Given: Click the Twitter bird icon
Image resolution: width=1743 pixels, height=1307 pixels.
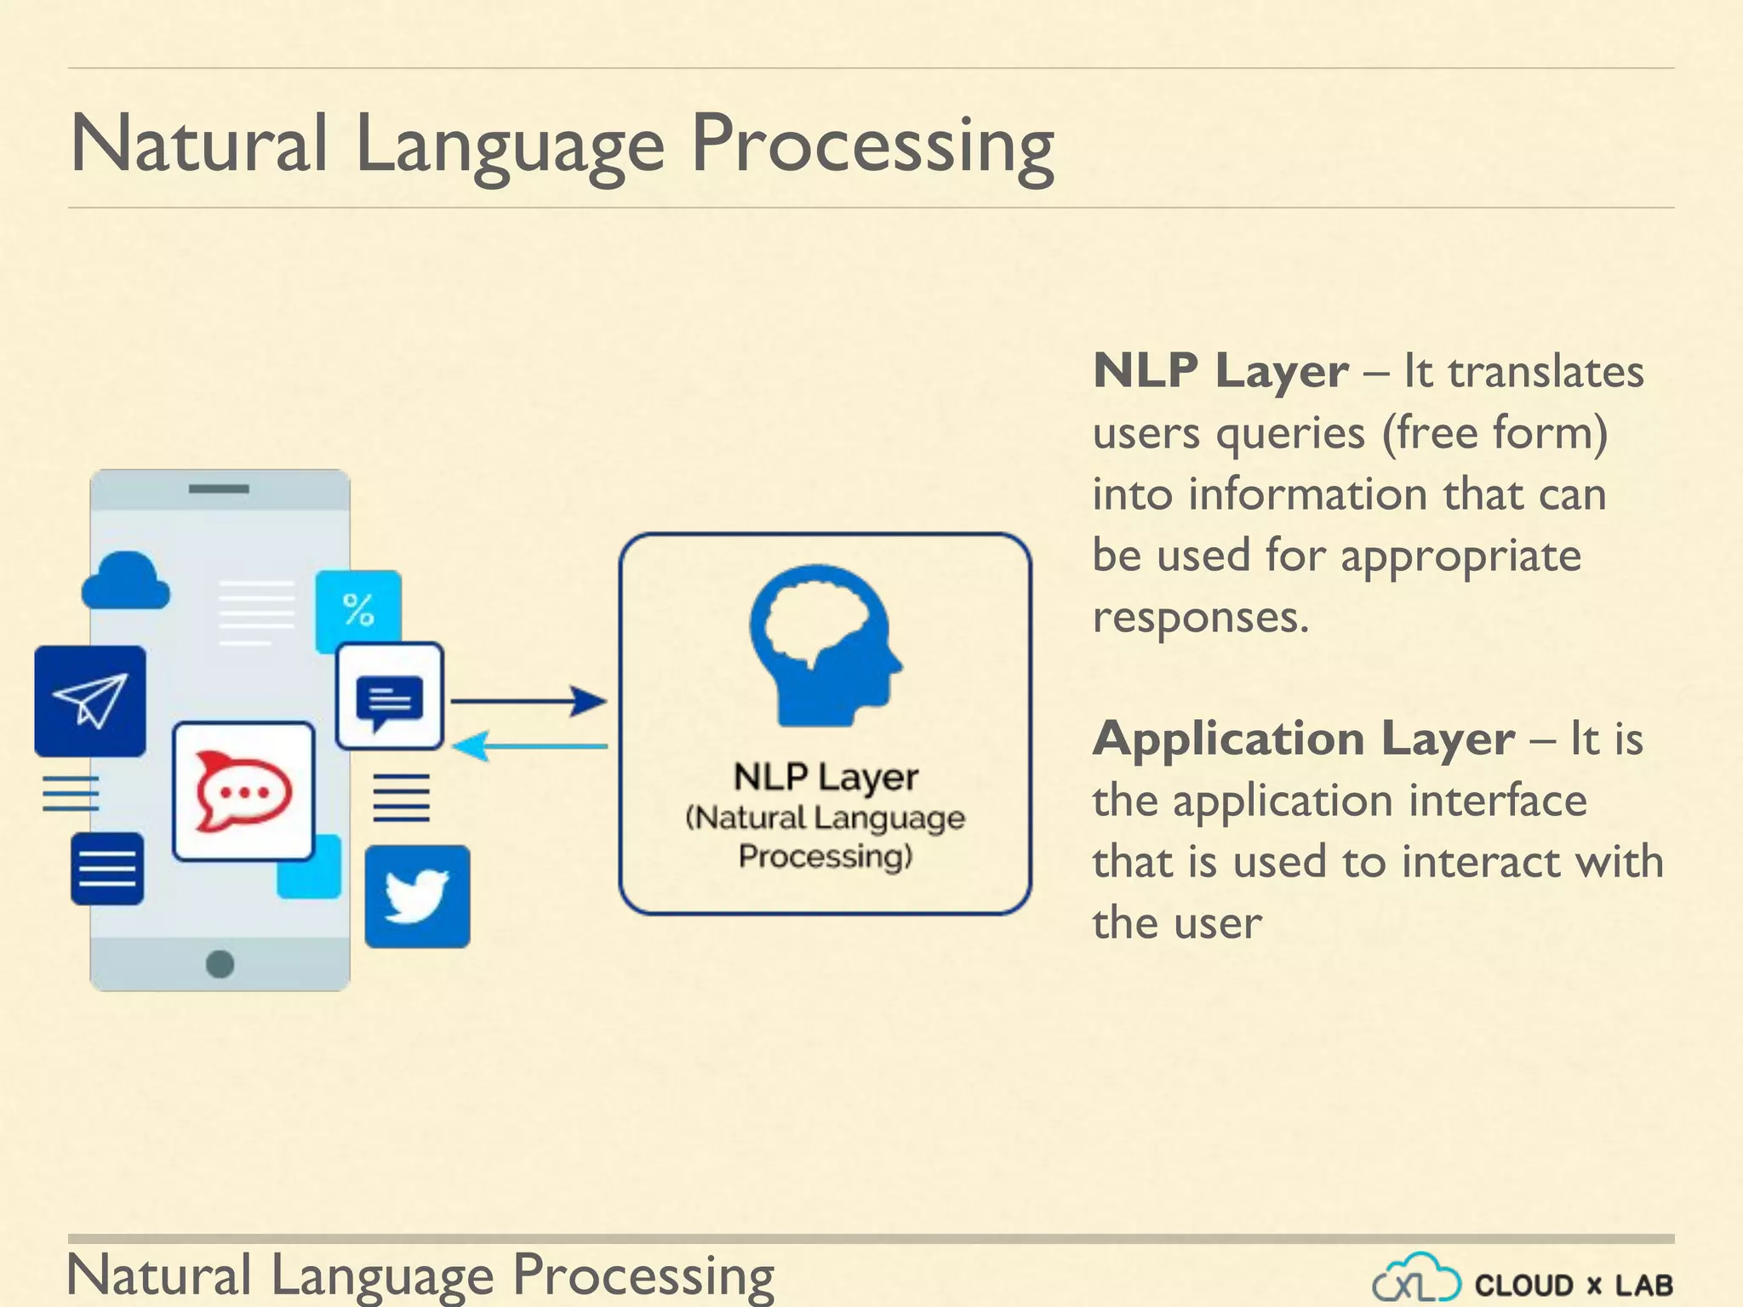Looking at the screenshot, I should pyautogui.click(x=416, y=896).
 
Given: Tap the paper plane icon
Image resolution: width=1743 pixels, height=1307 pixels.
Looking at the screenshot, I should pyautogui.click(x=90, y=701).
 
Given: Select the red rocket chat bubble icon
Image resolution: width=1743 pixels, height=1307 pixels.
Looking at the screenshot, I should pyautogui.click(x=243, y=791).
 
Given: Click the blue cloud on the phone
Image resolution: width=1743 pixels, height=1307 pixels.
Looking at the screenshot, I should pyautogui.click(x=125, y=582).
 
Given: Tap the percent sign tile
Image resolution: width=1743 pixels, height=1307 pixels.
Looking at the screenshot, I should pyautogui.click(x=358, y=610).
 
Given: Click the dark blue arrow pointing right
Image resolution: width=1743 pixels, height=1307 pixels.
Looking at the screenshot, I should pyautogui.click(x=528, y=701).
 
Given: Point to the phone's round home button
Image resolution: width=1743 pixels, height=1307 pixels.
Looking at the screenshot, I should pyautogui.click(x=220, y=964).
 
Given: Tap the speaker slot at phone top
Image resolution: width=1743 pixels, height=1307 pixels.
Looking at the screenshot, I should pyautogui.click(x=219, y=489).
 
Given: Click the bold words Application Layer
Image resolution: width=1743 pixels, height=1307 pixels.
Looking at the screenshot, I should pyautogui.click(x=1303, y=739).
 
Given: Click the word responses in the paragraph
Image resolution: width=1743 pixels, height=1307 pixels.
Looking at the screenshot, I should pyautogui.click(x=1200, y=617).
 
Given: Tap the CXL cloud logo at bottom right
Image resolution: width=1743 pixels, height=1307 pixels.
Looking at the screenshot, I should pyautogui.click(x=1416, y=1279).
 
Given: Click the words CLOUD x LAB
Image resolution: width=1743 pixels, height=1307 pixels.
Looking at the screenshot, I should pyautogui.click(x=1574, y=1285).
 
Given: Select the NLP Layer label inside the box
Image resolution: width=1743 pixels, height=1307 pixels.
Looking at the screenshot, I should pyautogui.click(x=826, y=777).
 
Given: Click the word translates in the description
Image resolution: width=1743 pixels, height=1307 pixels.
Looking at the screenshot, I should pyautogui.click(x=1546, y=372).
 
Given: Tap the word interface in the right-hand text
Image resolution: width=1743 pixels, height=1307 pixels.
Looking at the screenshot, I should pyautogui.click(x=1497, y=801).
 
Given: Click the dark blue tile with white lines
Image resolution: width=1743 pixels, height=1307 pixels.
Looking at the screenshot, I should pyautogui.click(x=107, y=869).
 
